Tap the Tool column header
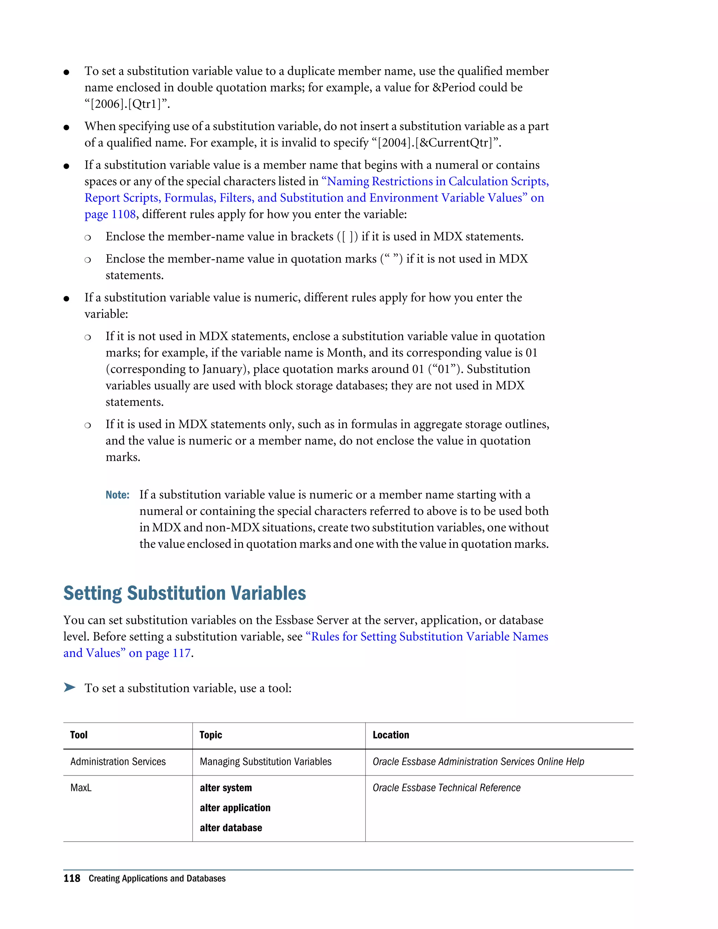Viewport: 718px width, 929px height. click(79, 735)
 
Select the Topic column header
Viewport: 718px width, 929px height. click(211, 735)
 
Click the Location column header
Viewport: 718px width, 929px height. click(391, 735)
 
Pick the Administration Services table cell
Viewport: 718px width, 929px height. click(118, 762)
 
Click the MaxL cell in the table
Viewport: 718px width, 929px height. click(81, 788)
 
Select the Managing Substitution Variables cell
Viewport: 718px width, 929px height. click(265, 762)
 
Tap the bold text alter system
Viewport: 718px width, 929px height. click(225, 788)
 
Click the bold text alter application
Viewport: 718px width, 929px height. click(235, 808)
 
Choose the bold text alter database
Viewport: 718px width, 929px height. click(231, 828)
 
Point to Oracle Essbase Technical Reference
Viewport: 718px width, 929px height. click(446, 788)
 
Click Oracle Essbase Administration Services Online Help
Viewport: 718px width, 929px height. click(478, 762)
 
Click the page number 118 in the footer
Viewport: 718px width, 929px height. click(72, 879)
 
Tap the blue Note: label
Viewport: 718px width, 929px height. click(117, 495)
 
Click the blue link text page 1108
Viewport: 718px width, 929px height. click(110, 215)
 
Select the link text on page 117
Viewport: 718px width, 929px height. click(160, 653)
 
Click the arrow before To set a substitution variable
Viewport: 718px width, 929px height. click(69, 687)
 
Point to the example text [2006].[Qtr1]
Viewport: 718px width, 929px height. click(127, 104)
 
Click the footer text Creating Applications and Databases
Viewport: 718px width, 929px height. click(157, 879)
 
